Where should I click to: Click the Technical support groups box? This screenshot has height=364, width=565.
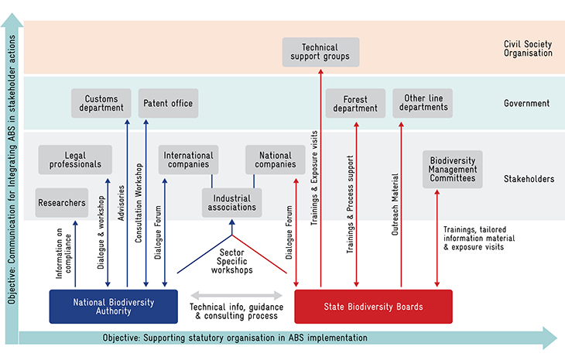click(x=320, y=52)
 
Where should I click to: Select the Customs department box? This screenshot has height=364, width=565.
click(x=101, y=104)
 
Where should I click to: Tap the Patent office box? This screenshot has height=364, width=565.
click(x=168, y=104)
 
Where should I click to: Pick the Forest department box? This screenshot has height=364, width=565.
click(x=356, y=104)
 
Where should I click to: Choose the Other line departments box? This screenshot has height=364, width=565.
click(x=423, y=104)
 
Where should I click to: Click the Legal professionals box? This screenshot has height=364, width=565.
click(x=75, y=160)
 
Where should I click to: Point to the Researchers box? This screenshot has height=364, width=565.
click(x=62, y=203)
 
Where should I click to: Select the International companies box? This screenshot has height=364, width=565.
click(x=188, y=160)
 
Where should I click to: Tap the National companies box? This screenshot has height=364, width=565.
click(x=276, y=160)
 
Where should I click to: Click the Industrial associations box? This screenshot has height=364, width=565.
click(x=232, y=203)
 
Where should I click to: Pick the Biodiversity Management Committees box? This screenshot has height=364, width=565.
click(x=453, y=170)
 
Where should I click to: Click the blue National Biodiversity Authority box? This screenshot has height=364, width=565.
click(x=114, y=307)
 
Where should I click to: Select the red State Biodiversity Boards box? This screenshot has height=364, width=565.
click(x=373, y=307)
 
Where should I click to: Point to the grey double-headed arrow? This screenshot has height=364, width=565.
click(x=236, y=296)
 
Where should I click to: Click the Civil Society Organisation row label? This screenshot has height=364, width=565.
click(x=528, y=49)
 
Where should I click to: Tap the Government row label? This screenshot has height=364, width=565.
click(x=527, y=104)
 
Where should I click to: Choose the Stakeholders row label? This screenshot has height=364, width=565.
click(x=529, y=179)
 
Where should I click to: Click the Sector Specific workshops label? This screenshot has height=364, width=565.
click(x=232, y=261)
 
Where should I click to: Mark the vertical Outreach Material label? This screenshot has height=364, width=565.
click(x=395, y=204)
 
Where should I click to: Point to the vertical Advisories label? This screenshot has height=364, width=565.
click(x=121, y=203)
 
